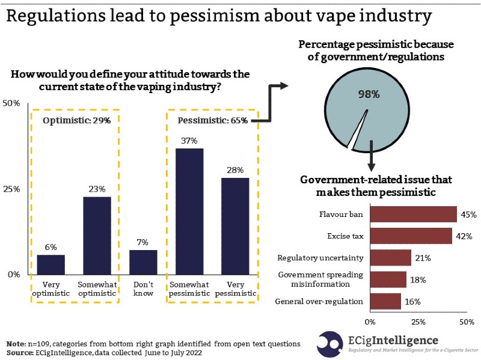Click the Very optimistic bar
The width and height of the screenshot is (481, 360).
[x=51, y=264]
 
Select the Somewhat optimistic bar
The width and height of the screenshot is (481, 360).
[x=97, y=236]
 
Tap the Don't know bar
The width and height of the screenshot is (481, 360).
[x=143, y=262]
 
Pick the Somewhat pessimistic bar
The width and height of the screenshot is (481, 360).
[x=189, y=211]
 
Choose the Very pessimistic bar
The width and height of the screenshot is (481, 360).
[x=235, y=226]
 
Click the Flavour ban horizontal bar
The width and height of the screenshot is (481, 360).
[x=414, y=215]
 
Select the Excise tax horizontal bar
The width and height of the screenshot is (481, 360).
[x=411, y=236]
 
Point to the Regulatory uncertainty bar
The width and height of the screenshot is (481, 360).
[x=390, y=258]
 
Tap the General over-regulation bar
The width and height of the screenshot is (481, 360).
[x=385, y=301]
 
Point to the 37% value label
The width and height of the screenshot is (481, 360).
[x=189, y=140]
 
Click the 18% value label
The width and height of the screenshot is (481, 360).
[x=418, y=279]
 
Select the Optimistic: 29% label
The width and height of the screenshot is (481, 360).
[x=77, y=121]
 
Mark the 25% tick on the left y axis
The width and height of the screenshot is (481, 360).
[x=13, y=189]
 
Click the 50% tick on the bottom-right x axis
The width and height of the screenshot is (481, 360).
[x=467, y=322]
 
